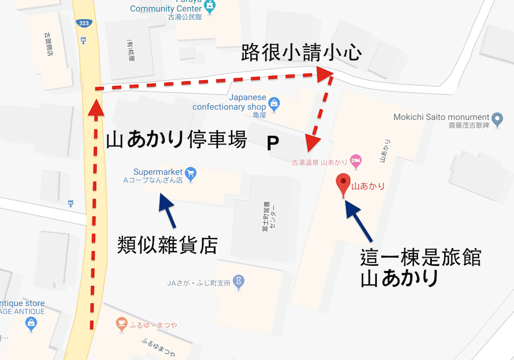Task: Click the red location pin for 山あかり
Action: click(x=343, y=183)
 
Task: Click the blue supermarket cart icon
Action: click(x=191, y=174)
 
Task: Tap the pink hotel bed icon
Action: click(x=356, y=160)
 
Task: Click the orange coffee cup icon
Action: click(x=121, y=323)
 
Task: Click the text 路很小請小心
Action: click(x=301, y=54)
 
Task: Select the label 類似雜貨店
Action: click(x=167, y=244)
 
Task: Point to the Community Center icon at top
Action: click(x=209, y=6)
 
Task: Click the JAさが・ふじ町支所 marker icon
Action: click(x=238, y=281)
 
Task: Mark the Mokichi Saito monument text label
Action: click(x=441, y=117)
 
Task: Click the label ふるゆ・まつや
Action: click(x=153, y=325)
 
